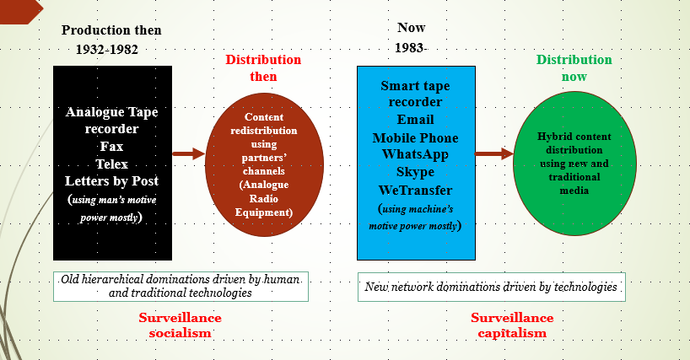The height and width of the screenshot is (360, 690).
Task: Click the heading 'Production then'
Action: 111,30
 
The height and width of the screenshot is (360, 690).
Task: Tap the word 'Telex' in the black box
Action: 111,163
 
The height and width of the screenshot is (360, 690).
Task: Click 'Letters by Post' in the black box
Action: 111,180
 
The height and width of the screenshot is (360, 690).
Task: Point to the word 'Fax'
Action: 111,146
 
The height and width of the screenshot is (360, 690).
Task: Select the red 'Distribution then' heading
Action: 262,67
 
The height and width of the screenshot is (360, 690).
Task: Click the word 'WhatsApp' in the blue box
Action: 414,153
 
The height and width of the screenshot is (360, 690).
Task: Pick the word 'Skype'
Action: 414,172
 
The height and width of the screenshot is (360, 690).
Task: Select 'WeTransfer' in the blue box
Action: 415,190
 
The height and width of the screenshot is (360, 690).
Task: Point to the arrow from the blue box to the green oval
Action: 493,153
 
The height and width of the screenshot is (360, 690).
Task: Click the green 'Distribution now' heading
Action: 574,67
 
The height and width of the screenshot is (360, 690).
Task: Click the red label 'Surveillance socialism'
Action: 180,325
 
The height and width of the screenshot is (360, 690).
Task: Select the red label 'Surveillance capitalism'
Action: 511,325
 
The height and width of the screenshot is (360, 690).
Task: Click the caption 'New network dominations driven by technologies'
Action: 493,287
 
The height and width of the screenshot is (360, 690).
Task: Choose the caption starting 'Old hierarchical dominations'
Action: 180,286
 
